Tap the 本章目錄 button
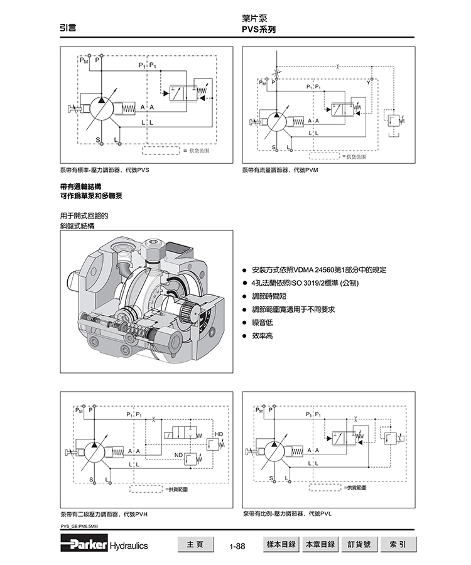[x=321, y=544]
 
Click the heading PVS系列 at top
[x=259, y=30]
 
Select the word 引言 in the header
[x=68, y=28]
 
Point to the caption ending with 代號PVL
[x=287, y=514]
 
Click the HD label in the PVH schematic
[x=219, y=434]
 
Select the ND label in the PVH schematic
[x=178, y=454]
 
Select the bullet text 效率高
[x=262, y=336]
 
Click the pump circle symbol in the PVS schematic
[x=100, y=109]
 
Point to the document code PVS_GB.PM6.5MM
[x=79, y=526]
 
